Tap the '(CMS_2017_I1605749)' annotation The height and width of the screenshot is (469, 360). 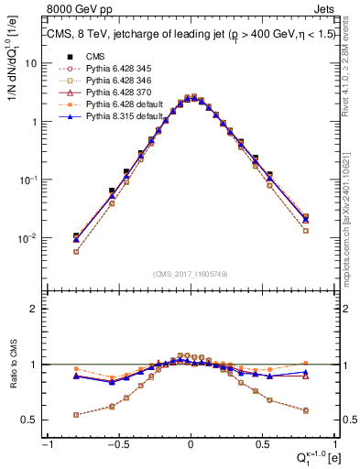click(190, 274)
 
